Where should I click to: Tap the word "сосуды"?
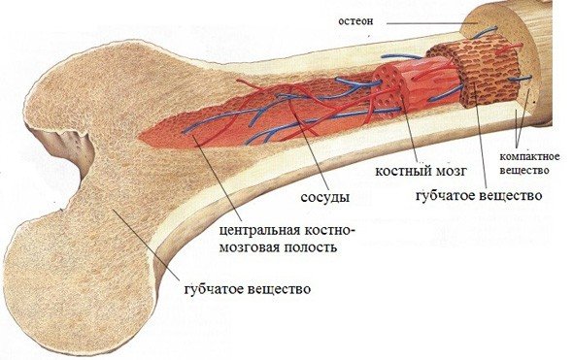click(x=322, y=199)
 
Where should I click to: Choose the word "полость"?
click(x=316, y=247)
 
